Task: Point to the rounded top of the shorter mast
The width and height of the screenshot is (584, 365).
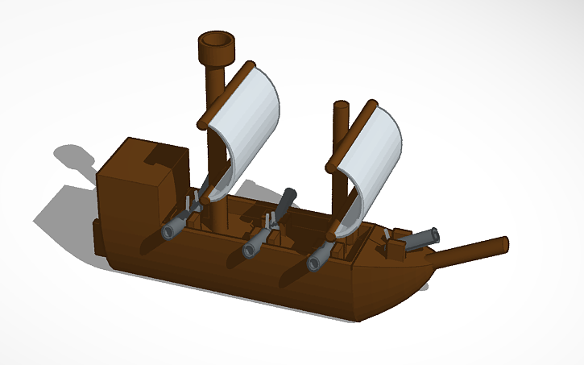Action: (341, 107)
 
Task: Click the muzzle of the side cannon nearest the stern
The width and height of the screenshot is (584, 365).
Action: (168, 231)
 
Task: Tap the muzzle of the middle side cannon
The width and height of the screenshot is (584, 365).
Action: (249, 251)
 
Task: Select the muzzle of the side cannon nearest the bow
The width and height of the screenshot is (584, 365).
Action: (314, 263)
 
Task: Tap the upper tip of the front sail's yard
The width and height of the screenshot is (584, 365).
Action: (371, 105)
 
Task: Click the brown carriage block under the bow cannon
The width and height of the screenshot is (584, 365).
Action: (397, 247)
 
